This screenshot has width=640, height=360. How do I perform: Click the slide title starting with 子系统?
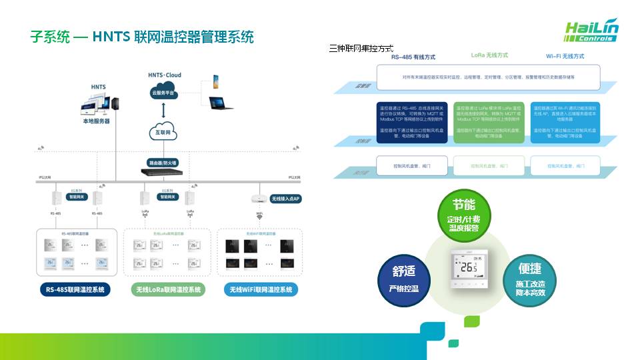point(142,37)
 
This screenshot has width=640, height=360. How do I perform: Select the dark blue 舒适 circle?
point(403,281)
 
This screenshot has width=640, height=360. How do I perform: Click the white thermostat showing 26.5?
point(467,269)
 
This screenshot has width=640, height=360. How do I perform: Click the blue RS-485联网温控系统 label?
point(75,290)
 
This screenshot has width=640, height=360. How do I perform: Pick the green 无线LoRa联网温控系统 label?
point(169,290)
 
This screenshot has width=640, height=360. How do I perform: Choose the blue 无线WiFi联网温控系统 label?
point(261,290)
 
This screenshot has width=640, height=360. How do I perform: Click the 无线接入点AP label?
point(286,199)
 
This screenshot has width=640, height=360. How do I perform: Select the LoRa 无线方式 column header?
point(489,55)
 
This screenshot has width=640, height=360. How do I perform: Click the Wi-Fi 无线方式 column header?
point(565,56)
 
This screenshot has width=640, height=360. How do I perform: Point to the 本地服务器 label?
point(96,121)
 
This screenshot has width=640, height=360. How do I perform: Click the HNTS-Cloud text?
point(165,75)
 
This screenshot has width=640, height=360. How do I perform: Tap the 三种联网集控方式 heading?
point(361,48)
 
